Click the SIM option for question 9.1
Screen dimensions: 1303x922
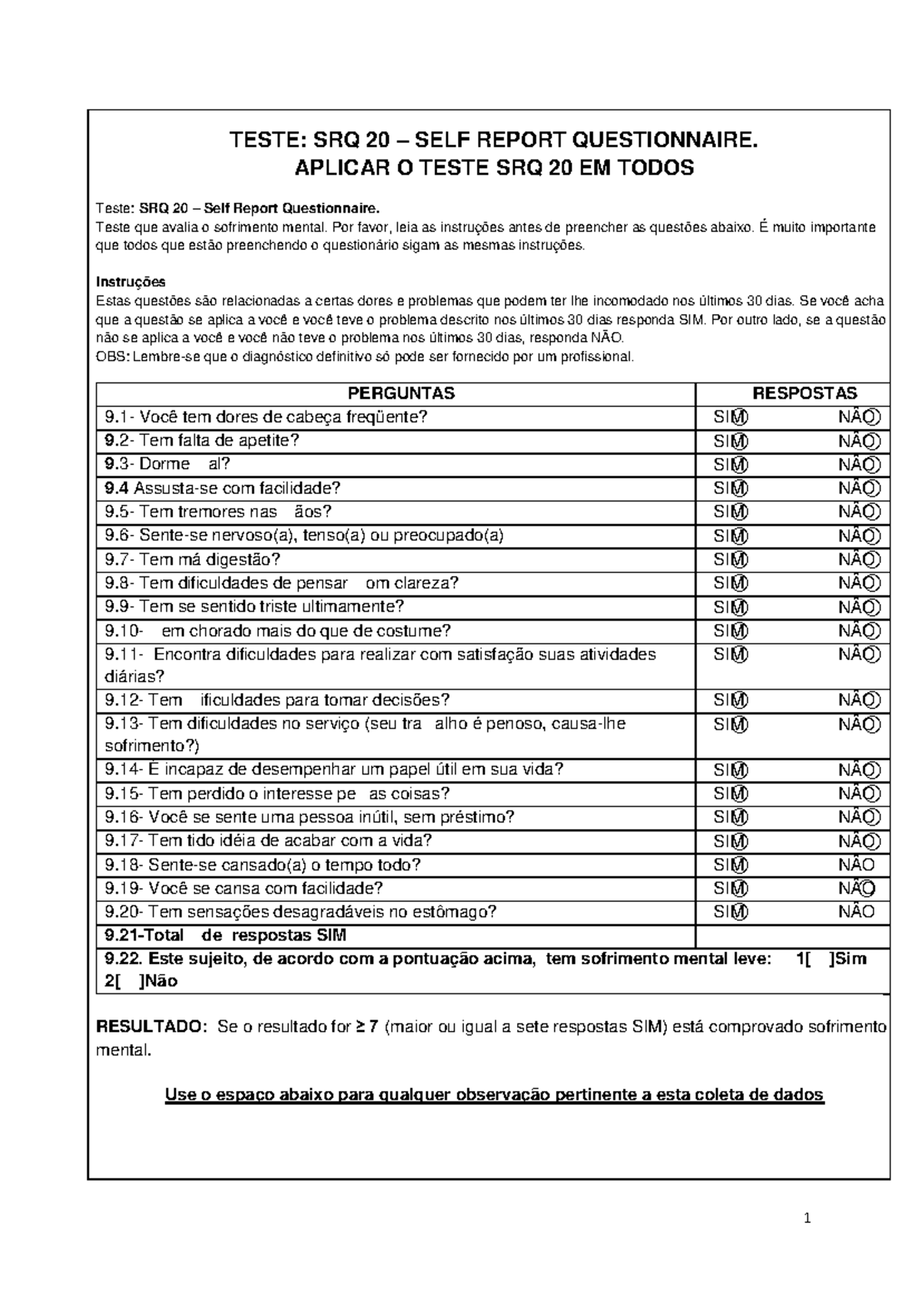731,417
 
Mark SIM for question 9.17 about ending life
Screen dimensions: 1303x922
731,841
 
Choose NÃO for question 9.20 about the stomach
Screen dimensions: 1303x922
857,912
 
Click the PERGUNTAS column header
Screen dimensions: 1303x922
401,393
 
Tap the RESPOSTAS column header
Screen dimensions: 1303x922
804,393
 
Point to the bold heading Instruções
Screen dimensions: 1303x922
130,282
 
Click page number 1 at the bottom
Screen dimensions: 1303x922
807,1218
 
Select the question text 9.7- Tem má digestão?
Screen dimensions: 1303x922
193,559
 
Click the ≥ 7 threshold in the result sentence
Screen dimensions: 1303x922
366,1027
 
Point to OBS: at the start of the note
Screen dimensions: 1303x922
112,356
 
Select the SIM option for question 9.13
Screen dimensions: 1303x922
731,724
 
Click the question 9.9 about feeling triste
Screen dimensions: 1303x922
254,606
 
